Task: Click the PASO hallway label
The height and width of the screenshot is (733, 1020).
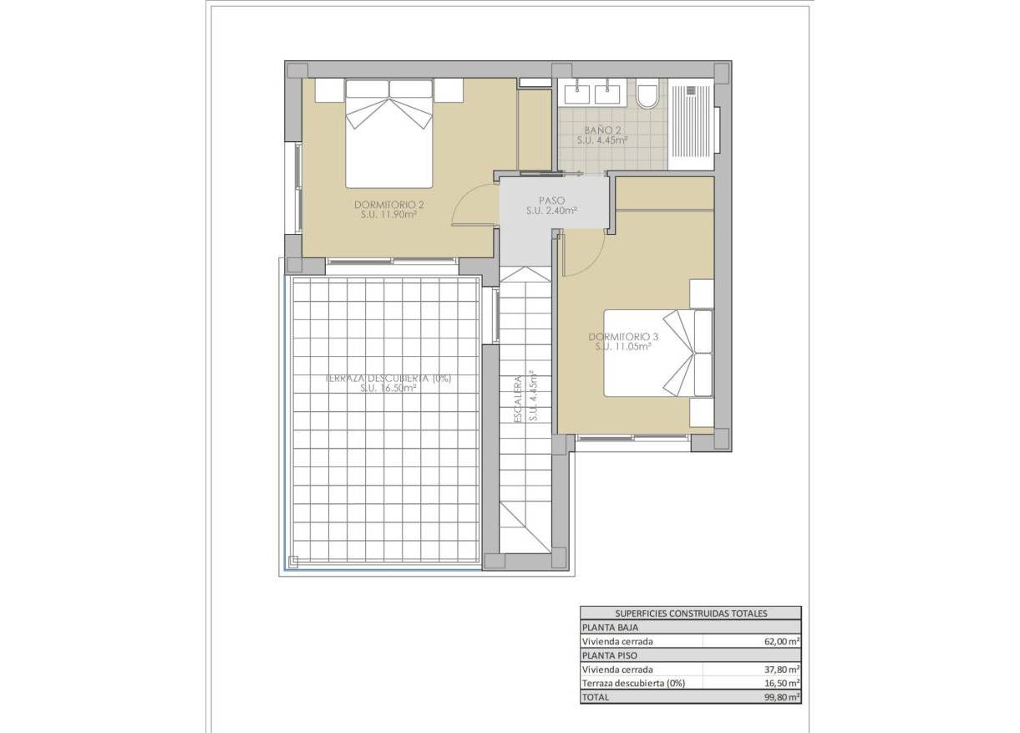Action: [x=551, y=201]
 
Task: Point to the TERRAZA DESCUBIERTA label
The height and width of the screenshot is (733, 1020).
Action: [x=388, y=379]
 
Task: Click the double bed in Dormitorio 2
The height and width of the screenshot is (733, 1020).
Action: [x=389, y=134]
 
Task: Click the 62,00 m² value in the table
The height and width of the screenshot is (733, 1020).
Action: [x=781, y=642]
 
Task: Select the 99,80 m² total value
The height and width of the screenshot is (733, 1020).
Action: [x=781, y=697]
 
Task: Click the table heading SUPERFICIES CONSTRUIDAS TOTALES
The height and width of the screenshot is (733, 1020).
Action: [x=691, y=613]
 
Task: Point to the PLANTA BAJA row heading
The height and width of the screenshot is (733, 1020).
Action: [x=607, y=627]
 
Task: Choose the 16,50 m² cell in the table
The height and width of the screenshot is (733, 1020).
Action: [x=781, y=683]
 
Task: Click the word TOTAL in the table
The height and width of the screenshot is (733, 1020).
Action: [x=596, y=697]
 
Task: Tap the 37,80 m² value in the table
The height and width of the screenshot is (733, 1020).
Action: [x=781, y=669]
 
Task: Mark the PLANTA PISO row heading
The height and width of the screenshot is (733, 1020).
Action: [x=607, y=655]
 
